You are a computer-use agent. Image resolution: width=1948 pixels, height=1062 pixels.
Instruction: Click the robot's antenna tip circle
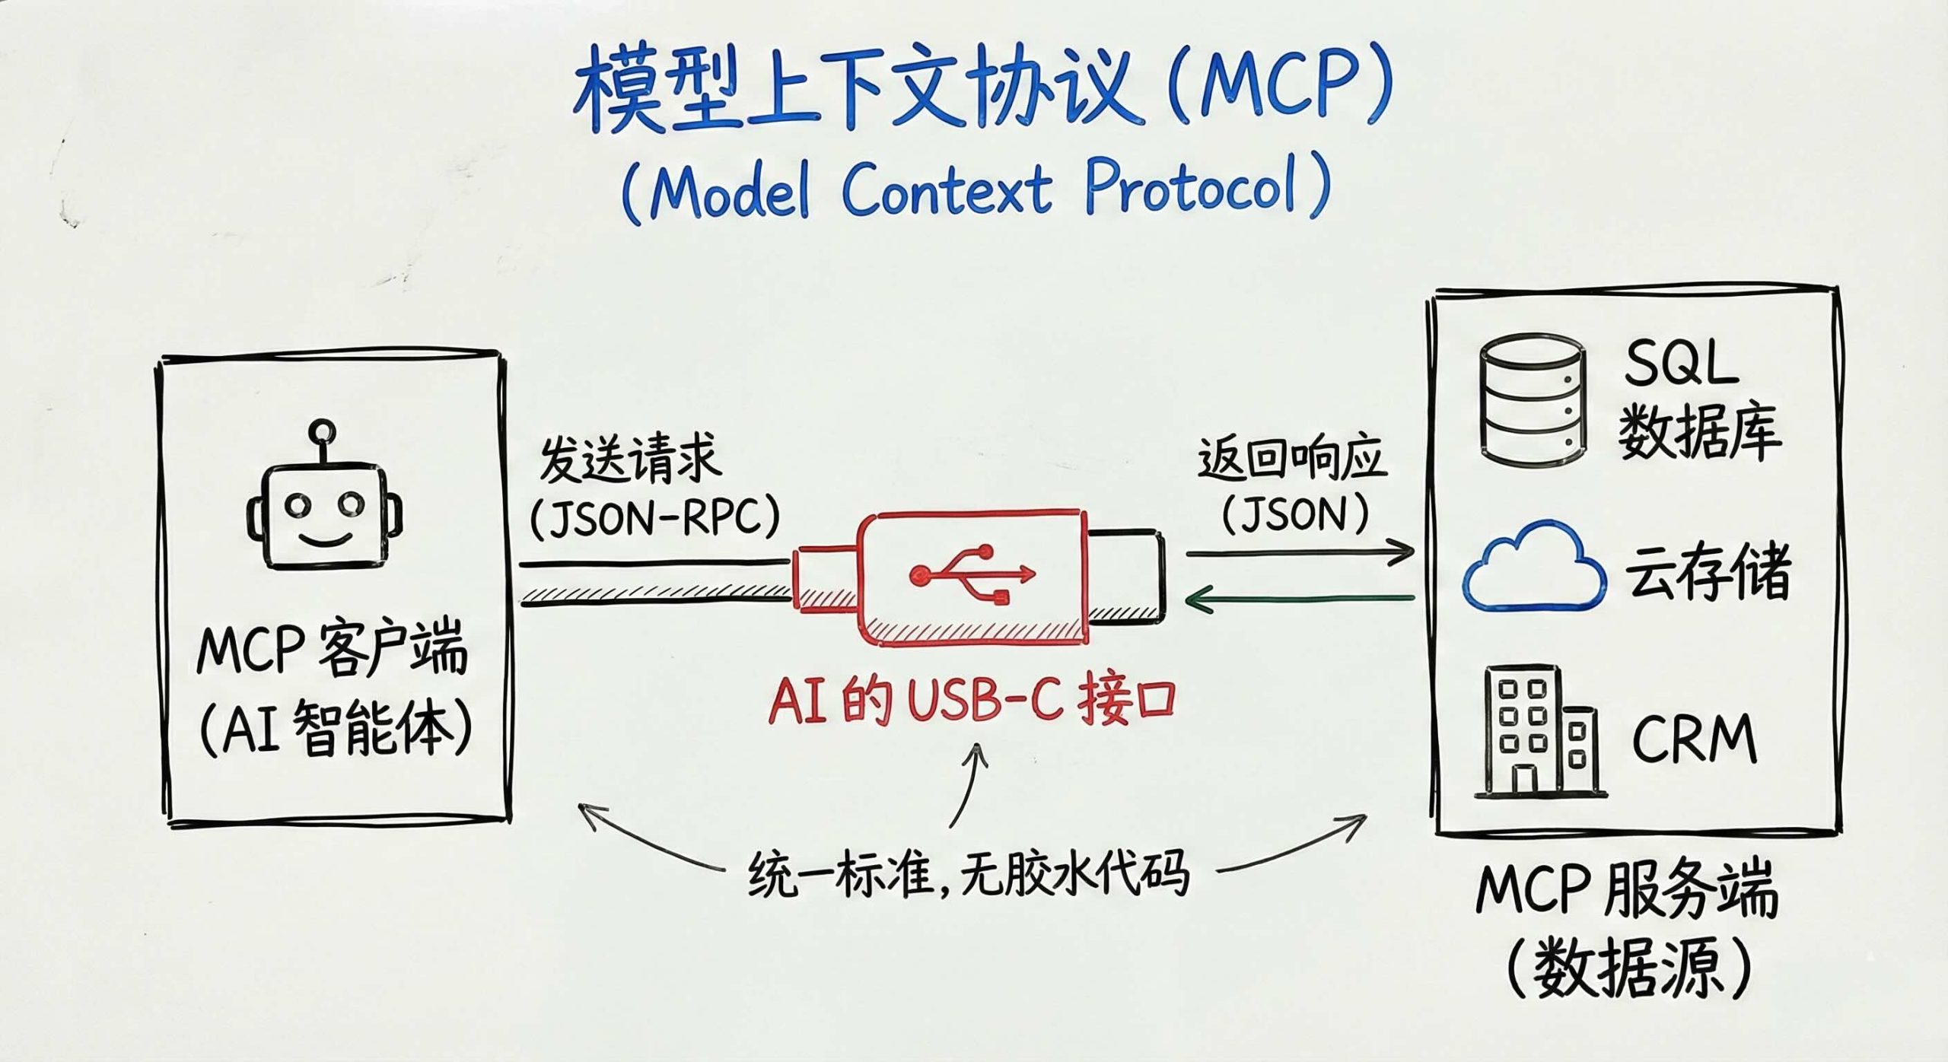tap(322, 431)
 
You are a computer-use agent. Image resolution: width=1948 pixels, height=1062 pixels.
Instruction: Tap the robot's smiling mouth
tap(325, 541)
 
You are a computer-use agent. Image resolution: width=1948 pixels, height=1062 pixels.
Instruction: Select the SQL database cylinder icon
tap(1533, 400)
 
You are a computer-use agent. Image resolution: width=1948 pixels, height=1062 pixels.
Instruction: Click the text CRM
tap(1694, 739)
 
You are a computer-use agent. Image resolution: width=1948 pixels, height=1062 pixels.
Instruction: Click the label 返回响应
tap(1291, 459)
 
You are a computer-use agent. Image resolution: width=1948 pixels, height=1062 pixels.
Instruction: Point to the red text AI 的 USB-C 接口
tap(972, 701)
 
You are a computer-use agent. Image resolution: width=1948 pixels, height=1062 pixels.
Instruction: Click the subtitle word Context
tap(947, 188)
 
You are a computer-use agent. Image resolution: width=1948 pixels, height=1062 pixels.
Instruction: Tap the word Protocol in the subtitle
tap(1191, 186)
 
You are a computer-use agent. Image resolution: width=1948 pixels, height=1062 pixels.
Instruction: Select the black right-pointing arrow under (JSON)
tap(1300, 552)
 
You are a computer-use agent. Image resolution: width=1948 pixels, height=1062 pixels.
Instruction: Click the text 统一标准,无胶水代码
tap(968, 874)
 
